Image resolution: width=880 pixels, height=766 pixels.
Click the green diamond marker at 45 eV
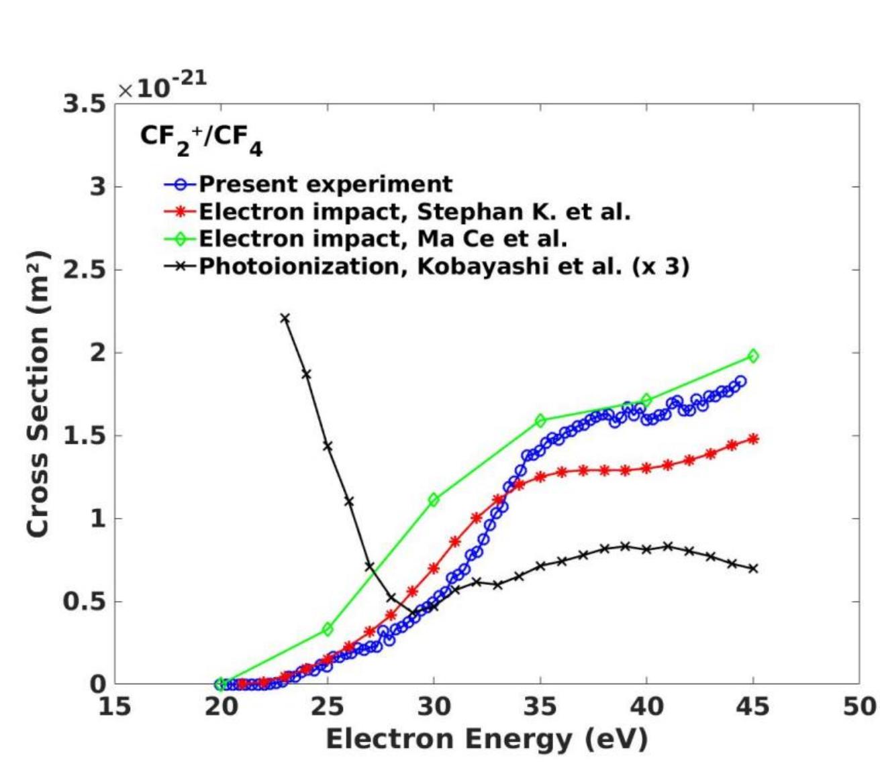pos(753,356)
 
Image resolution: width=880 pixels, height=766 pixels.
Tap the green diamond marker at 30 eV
pos(434,500)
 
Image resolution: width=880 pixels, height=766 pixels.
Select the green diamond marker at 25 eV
pos(328,629)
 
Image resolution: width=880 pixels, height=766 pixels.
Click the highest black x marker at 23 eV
pos(285,318)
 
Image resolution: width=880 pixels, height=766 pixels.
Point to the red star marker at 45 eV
pos(753,439)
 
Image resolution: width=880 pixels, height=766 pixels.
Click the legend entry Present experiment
pos(326,184)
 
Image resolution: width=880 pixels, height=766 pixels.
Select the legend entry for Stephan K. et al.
pos(414,211)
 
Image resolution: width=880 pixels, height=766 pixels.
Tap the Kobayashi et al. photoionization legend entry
pos(444,266)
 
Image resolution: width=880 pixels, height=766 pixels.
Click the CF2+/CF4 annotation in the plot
pos(201,138)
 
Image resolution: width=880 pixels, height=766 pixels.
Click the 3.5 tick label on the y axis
pos(84,104)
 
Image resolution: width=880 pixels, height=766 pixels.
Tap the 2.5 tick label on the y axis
pos(84,270)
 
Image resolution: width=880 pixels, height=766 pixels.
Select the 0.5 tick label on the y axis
pos(84,602)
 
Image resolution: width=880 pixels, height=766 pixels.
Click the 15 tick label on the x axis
pos(115,706)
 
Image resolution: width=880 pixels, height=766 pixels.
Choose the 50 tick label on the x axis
pos(859,706)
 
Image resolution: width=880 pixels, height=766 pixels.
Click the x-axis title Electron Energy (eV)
pos(487,739)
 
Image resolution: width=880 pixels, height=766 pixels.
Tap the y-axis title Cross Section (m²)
pos(38,394)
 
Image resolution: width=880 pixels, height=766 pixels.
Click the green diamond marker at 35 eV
pos(540,421)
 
